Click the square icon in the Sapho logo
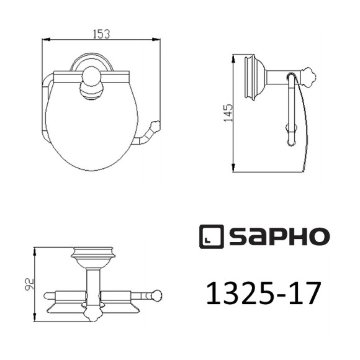pos(210,236)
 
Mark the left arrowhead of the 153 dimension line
pos(43,40)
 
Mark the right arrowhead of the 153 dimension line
pos(159,40)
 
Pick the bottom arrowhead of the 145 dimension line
pos(233,170)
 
